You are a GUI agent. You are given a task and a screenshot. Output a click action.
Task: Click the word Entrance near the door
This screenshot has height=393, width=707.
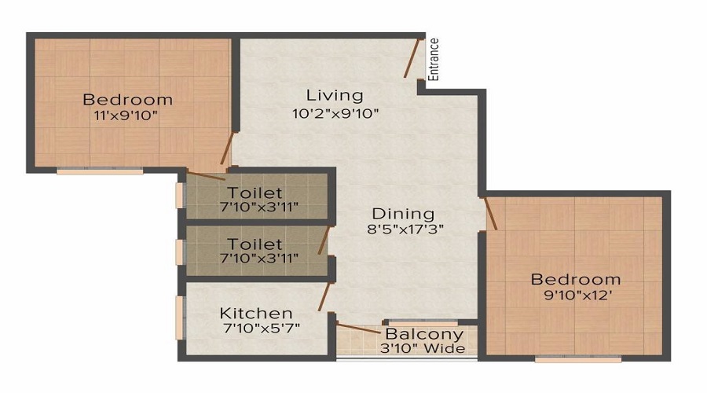click(x=433, y=59)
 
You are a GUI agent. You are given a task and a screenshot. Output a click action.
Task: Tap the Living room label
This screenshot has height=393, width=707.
click(x=335, y=96)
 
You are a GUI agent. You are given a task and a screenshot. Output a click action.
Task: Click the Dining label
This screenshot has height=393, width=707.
click(x=403, y=214)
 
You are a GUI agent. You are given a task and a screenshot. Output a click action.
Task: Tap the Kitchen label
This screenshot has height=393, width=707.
click(x=256, y=313)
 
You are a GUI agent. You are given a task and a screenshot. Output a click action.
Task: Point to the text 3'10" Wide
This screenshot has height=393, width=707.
click(x=422, y=347)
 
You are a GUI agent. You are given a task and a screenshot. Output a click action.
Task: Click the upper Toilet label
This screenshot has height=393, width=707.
click(x=256, y=193)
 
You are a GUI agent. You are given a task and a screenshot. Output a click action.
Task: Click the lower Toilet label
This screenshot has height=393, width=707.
click(x=256, y=244)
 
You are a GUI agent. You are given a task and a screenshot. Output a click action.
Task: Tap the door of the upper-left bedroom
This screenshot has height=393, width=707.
click(x=226, y=149)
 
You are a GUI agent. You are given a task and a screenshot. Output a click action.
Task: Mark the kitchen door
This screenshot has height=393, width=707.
click(x=324, y=296)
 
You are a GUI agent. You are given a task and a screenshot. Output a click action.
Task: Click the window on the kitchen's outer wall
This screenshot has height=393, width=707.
click(x=180, y=316)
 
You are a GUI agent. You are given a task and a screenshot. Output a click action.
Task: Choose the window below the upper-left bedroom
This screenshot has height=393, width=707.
click(x=99, y=171)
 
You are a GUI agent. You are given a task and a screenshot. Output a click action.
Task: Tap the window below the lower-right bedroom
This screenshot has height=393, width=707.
click(x=577, y=359)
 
